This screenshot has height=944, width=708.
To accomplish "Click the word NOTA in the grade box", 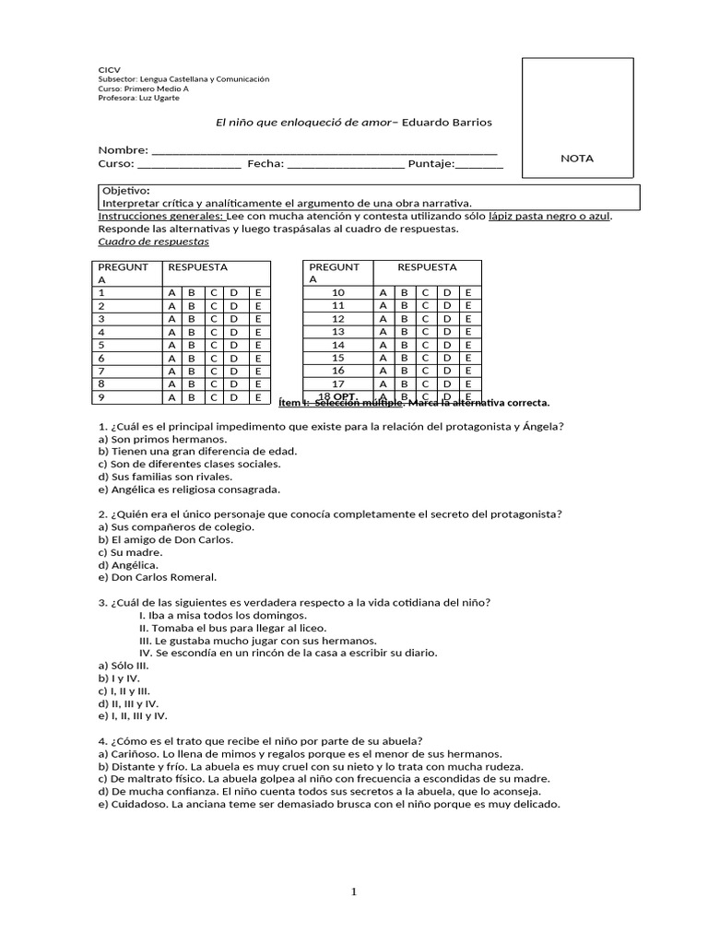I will click(577, 158).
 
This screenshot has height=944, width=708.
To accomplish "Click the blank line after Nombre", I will click(324, 150).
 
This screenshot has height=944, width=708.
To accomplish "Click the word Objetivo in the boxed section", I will click(125, 190).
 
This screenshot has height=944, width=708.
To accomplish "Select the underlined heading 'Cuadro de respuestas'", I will click(153, 242).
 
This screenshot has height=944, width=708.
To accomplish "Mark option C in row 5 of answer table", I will click(213, 345).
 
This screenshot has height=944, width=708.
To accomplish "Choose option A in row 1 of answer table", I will click(171, 292).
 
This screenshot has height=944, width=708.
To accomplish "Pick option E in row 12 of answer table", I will click(468, 318).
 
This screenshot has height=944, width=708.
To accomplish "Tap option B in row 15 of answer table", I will click(404, 358).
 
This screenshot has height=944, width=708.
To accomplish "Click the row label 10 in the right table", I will click(337, 292).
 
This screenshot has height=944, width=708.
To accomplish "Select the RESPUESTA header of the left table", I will click(196, 266).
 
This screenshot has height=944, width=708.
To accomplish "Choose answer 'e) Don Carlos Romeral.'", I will click(157, 577).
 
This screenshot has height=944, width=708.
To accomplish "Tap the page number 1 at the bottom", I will click(354, 891).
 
